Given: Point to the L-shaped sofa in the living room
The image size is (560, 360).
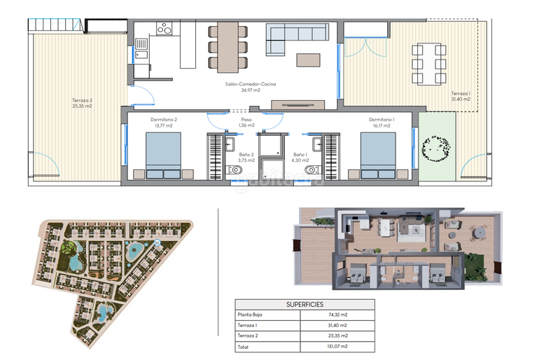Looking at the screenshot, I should click(x=287, y=39).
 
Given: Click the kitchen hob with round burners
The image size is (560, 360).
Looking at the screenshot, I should click(x=164, y=29).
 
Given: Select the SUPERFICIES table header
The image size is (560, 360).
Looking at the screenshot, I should click(x=304, y=305).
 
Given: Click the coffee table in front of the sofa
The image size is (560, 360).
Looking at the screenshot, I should click(x=308, y=60).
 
